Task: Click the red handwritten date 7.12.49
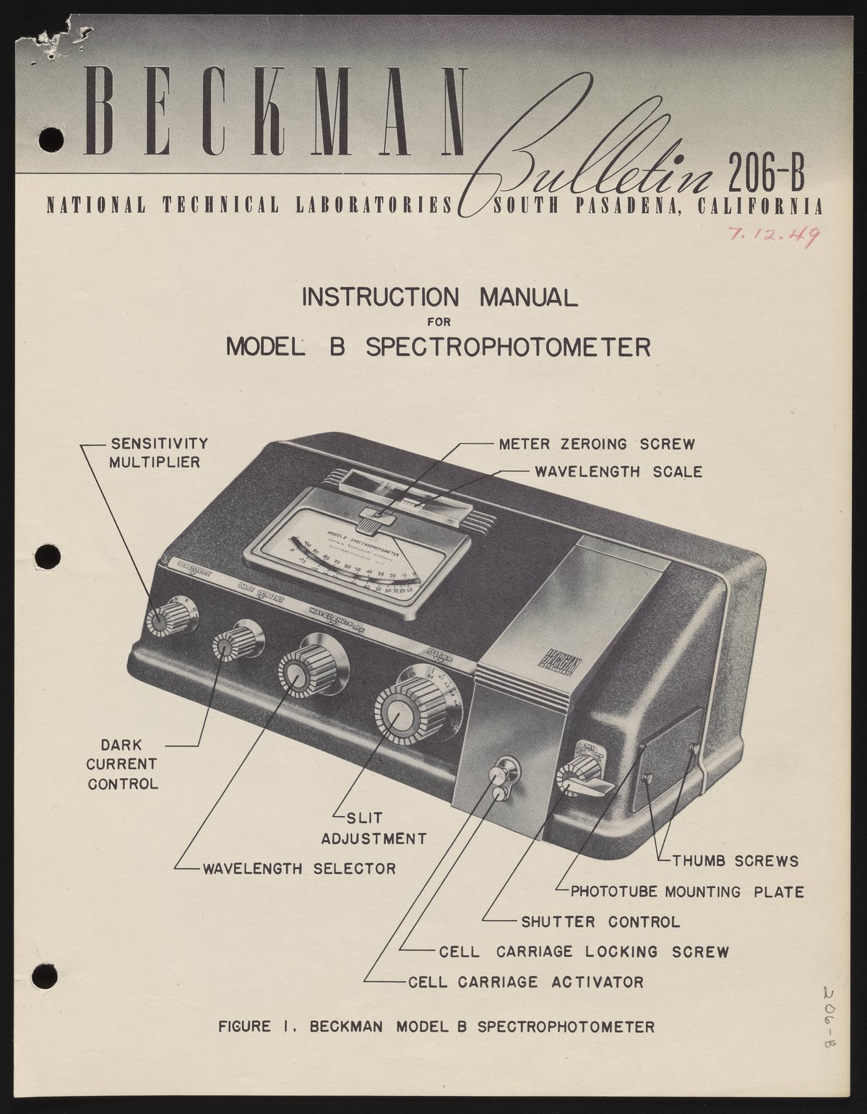pyautogui.click(x=773, y=234)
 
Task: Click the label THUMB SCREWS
pyautogui.click(x=735, y=860)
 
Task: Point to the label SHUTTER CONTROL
pyautogui.click(x=600, y=922)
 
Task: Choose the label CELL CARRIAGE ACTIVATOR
pyautogui.click(x=525, y=983)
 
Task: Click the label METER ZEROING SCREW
pyautogui.click(x=597, y=443)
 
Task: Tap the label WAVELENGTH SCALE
pyautogui.click(x=618, y=472)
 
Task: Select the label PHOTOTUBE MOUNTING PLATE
pyautogui.click(x=687, y=891)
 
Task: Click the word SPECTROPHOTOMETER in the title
pyautogui.click(x=508, y=347)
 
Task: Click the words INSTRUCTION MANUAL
pyautogui.click(x=439, y=297)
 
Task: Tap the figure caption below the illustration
pyautogui.click(x=436, y=1027)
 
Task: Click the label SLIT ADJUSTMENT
pyautogui.click(x=374, y=829)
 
